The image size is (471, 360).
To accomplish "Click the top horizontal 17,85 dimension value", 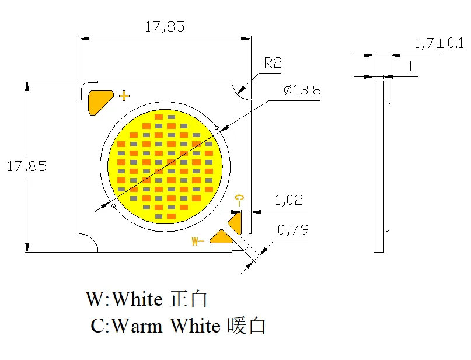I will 165,26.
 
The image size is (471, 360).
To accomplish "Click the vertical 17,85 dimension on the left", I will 27,166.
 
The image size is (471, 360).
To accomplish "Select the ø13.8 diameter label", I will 302,90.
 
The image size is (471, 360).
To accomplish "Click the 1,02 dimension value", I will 289,201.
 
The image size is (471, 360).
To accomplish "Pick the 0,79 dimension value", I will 293,230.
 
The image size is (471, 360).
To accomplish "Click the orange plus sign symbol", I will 124,96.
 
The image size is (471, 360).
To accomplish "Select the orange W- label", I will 197,240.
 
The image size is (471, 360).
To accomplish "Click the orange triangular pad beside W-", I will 221,236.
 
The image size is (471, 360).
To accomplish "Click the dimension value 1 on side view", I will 410,67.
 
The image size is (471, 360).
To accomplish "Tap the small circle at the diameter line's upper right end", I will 217,128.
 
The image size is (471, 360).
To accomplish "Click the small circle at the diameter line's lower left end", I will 114,205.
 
